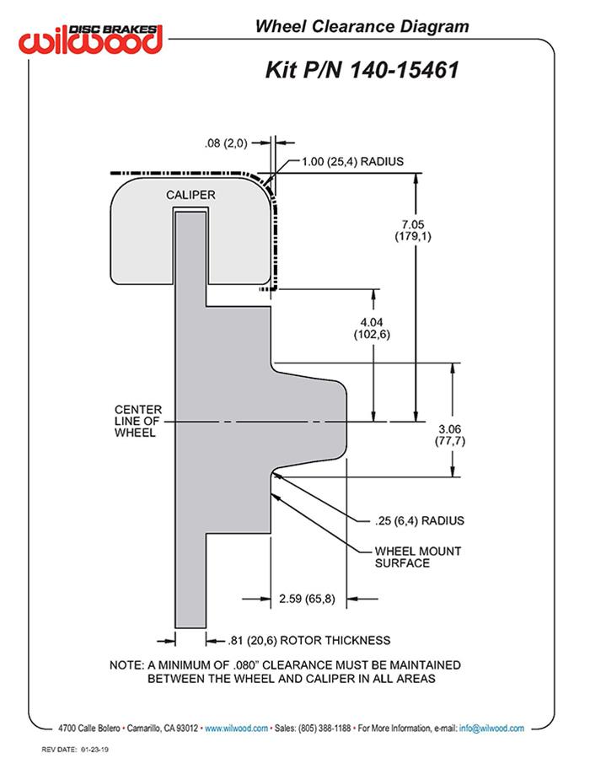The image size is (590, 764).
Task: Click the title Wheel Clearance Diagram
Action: point(362,27)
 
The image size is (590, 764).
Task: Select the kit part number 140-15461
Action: point(400,70)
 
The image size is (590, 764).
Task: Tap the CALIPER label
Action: point(190,195)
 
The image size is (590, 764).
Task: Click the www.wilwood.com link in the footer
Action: point(236,728)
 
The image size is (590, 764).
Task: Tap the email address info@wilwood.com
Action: point(491,728)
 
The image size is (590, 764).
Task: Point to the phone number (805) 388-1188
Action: point(324,728)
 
